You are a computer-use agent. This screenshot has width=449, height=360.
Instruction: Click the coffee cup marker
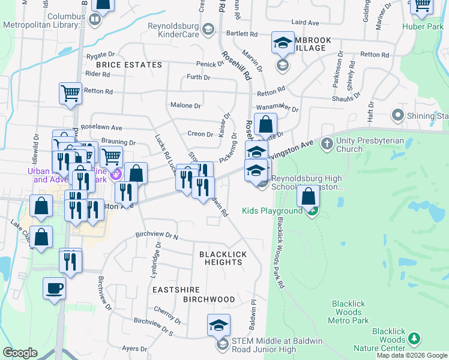click(x=54, y=289)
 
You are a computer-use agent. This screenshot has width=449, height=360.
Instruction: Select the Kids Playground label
click(x=273, y=211)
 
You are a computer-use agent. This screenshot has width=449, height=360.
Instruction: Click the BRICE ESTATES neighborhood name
click(x=128, y=65)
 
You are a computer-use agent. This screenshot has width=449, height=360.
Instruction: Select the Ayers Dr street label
click(x=134, y=349)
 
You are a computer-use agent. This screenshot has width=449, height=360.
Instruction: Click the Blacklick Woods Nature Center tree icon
click(x=414, y=339)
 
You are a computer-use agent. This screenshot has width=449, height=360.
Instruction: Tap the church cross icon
click(x=327, y=143)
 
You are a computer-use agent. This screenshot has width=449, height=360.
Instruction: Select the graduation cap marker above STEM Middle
click(x=218, y=325)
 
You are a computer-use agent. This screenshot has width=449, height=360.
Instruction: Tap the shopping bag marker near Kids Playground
click(x=308, y=196)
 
